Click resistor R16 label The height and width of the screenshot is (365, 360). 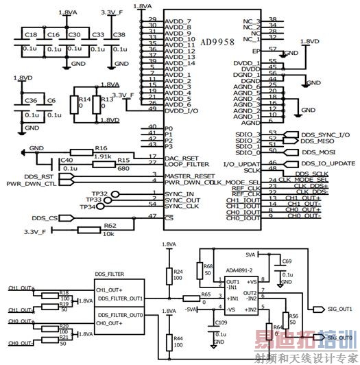[101, 148]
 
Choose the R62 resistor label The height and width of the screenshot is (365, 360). [110, 225]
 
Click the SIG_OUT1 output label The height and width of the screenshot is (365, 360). [340, 309]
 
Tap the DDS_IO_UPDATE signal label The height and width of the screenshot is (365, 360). [328, 164]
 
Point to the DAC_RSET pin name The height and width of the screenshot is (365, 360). [182, 158]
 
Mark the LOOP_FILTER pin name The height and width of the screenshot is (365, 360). [187, 165]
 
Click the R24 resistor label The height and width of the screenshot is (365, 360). [178, 271]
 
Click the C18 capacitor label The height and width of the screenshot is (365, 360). [30, 34]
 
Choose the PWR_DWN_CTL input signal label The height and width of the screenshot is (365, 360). [32, 183]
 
